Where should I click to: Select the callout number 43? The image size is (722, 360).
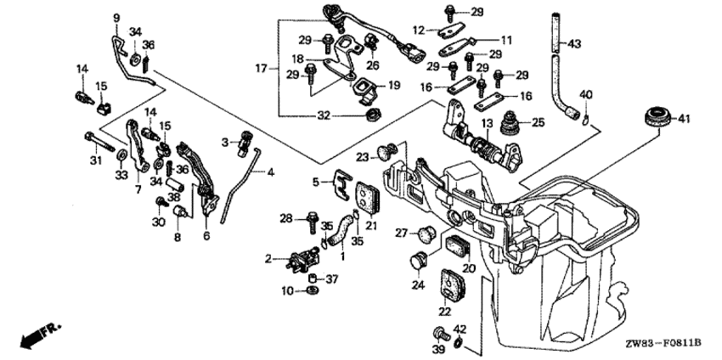(575, 43)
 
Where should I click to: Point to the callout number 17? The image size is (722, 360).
(261, 66)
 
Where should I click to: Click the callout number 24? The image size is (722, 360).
(418, 285)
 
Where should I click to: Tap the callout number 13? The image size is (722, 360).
(486, 124)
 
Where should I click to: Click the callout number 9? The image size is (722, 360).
(116, 17)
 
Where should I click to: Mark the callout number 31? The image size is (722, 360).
(95, 160)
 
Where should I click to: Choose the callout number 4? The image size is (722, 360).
(271, 173)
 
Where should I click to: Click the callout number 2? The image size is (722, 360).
(268, 258)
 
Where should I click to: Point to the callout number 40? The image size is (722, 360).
(585, 93)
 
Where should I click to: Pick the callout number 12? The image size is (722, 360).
(417, 30)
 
